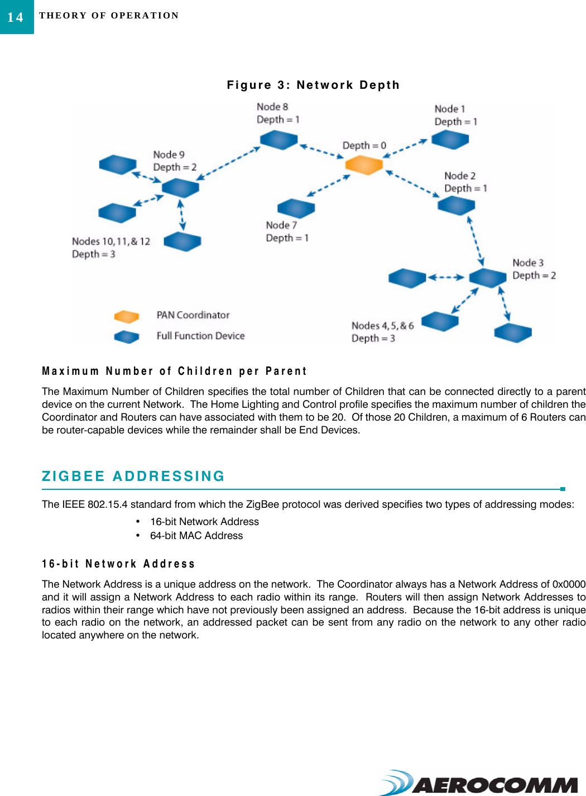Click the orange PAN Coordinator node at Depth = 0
pyautogui.click(x=363, y=165)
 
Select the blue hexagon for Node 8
pyautogui.click(x=278, y=140)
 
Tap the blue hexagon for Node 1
pyautogui.click(x=450, y=140)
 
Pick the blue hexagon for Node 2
pyautogui.click(x=456, y=206)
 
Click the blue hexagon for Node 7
pyautogui.click(x=296, y=208)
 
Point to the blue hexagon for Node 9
pyautogui.click(x=180, y=188)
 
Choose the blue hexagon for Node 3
pyautogui.click(x=487, y=277)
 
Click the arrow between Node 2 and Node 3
pyautogui.click(x=475, y=241)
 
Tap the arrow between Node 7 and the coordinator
pyautogui.click(x=328, y=185)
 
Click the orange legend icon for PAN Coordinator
pyautogui.click(x=126, y=317)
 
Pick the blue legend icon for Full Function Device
pyautogui.click(x=126, y=337)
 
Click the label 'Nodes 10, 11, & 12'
pyautogui.click(x=111, y=241)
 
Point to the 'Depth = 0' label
pyautogui.click(x=364, y=145)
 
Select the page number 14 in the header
pyautogui.click(x=16, y=17)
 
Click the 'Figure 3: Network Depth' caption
pyautogui.click(x=313, y=85)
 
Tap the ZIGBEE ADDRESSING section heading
pyautogui.click(x=133, y=476)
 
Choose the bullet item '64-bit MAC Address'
pyautogui.click(x=196, y=536)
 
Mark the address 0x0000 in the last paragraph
pyautogui.click(x=569, y=584)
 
